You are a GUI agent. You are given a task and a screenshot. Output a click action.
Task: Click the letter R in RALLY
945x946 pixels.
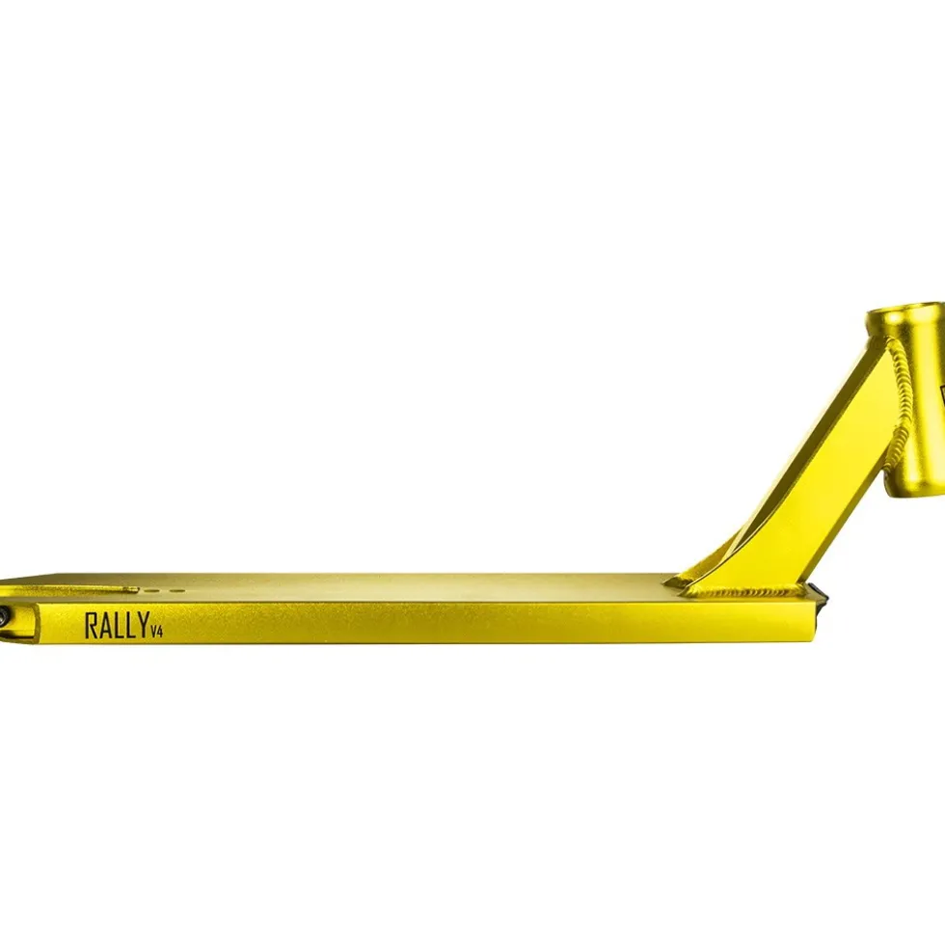tap(91, 626)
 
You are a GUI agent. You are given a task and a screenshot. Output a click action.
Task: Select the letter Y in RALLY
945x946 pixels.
tap(143, 626)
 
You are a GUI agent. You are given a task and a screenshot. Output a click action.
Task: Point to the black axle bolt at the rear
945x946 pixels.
tap(4, 616)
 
